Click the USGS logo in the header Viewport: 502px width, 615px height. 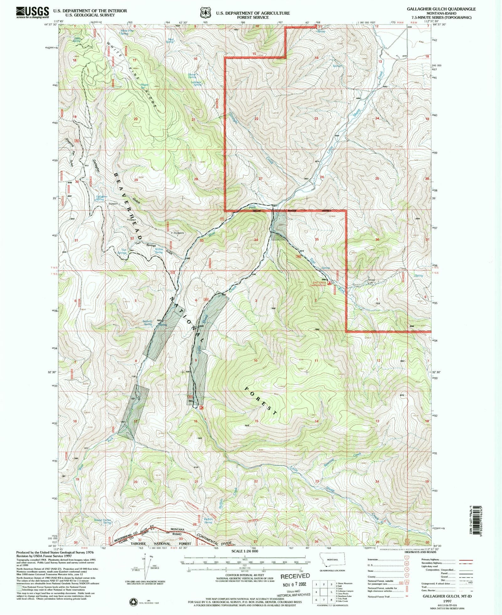point(33,13)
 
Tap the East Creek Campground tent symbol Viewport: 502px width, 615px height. point(329,283)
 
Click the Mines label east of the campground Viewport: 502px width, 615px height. point(371,280)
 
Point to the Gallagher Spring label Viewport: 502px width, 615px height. point(102,198)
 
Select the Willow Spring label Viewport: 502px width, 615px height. point(159,251)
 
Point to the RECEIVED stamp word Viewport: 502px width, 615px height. point(295,576)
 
